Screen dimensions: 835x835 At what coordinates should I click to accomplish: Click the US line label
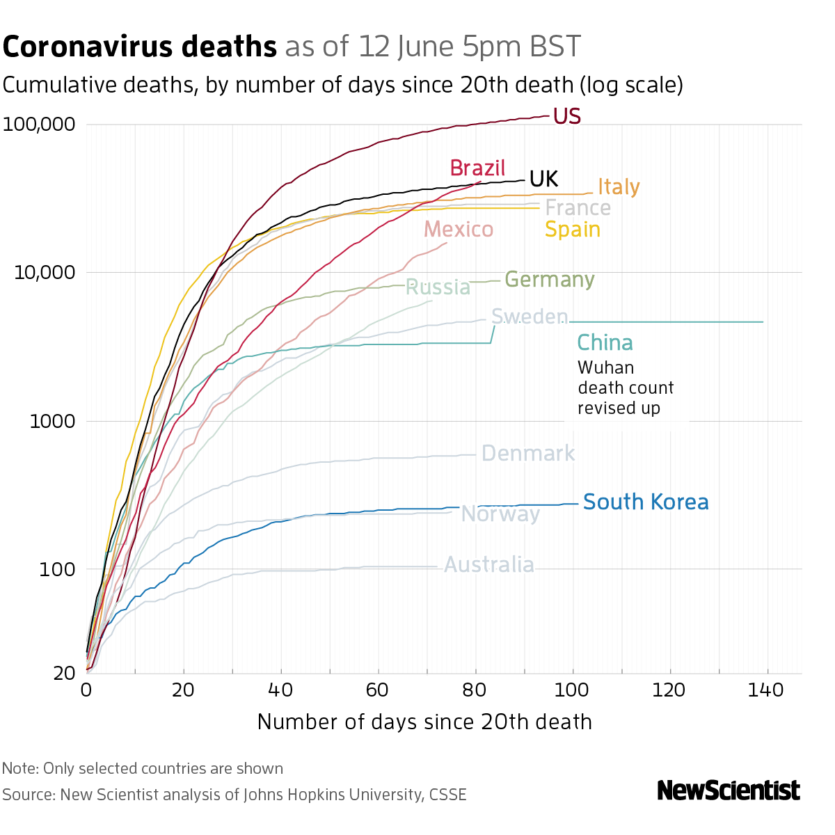[566, 116]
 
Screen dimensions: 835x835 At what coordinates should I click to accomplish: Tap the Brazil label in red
[477, 168]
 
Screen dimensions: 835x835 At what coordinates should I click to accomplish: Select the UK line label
[543, 179]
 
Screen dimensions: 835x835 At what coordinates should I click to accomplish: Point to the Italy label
[619, 186]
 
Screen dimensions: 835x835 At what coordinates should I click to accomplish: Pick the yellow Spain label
[572, 229]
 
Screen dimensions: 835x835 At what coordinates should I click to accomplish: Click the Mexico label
[459, 229]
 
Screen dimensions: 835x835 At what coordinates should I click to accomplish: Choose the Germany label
[549, 279]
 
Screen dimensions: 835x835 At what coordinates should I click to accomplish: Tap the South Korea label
[645, 502]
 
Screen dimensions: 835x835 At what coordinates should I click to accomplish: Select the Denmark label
[527, 454]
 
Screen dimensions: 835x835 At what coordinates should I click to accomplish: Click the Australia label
[488, 564]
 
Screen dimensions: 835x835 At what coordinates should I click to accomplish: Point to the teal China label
[605, 343]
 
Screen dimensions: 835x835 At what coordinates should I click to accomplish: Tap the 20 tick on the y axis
[64, 673]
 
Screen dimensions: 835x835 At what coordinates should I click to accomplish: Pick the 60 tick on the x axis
[378, 690]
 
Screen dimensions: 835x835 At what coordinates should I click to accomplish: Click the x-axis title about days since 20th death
[424, 722]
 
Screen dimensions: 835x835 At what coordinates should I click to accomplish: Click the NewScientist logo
[728, 790]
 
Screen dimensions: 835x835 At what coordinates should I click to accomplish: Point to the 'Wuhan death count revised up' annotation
[625, 388]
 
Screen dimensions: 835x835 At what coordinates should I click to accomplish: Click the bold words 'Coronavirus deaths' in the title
[140, 47]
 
